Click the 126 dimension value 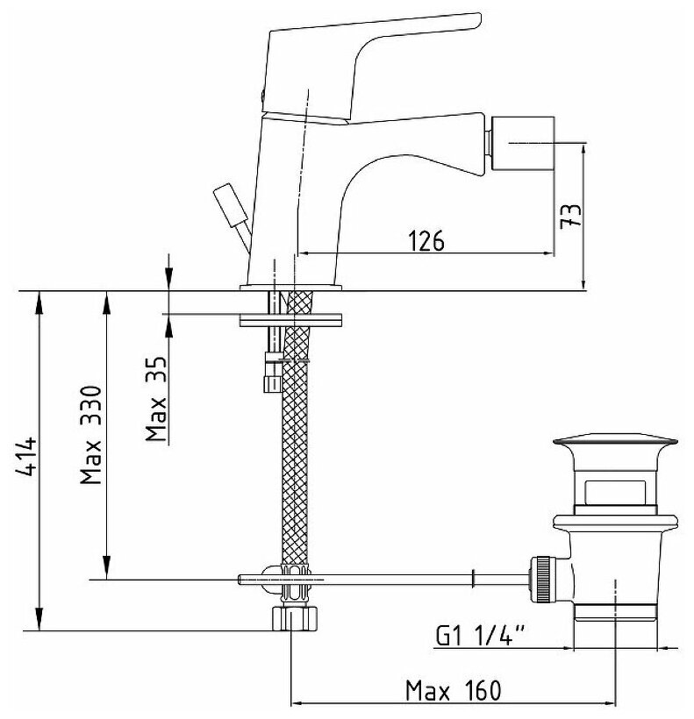(x=426, y=239)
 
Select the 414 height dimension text (x=27, y=456)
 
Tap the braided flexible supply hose (x=293, y=456)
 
